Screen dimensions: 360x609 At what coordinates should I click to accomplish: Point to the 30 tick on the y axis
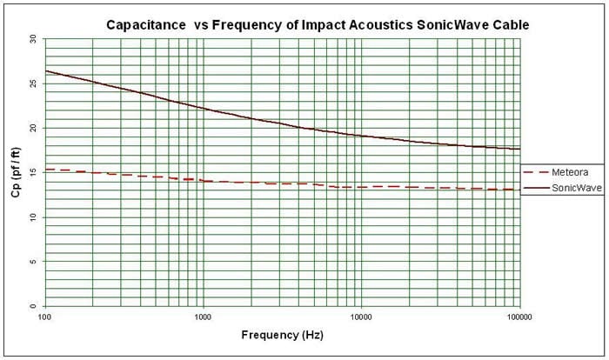32,38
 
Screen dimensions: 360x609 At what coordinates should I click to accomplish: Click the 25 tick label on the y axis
32,83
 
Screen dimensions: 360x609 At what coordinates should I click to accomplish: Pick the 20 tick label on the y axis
32,128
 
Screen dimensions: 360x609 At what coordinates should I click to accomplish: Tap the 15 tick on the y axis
32,172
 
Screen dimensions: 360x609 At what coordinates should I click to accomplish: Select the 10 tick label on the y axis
32,217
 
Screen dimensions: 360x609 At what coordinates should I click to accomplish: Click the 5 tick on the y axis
34,262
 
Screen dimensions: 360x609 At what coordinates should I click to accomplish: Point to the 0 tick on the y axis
34,306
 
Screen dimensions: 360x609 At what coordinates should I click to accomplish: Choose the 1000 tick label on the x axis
203,317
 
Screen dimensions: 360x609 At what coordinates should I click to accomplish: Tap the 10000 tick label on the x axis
361,317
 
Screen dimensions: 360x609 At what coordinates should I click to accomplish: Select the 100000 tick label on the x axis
519,317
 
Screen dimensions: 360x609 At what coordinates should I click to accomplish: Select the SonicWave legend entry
562,186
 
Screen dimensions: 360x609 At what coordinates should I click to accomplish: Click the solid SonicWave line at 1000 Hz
203,108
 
